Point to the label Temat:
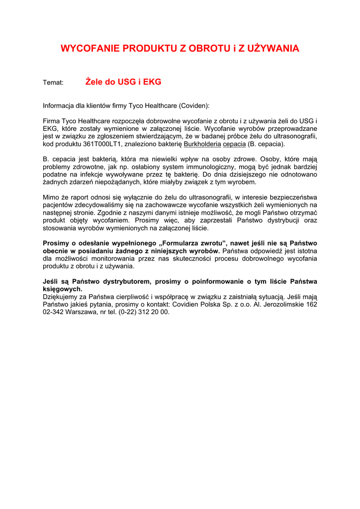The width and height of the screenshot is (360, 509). pyautogui.click(x=53, y=83)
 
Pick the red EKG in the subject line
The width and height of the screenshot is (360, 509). pyautogui.click(x=152, y=82)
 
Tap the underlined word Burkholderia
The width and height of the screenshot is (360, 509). pyautogui.click(x=202, y=144)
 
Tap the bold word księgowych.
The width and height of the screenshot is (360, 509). pyautogui.click(x=62, y=289)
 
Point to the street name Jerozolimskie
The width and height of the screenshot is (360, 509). pyautogui.click(x=282, y=304)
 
